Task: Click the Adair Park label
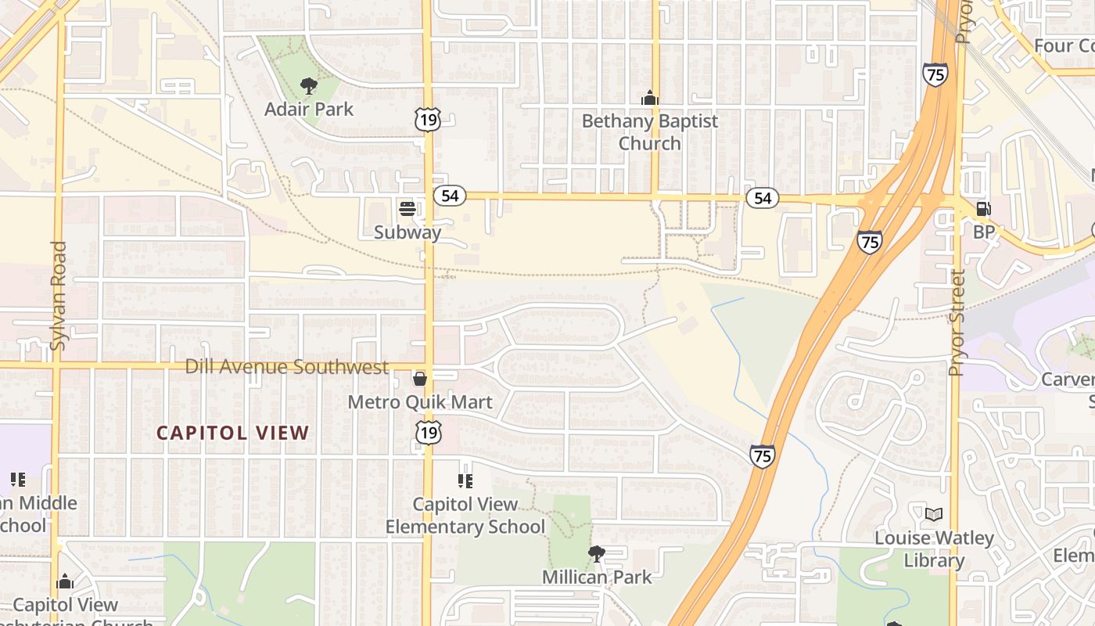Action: point(309,109)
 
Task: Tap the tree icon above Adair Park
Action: point(309,85)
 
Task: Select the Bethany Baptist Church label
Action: point(649,132)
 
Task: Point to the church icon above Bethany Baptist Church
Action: point(649,99)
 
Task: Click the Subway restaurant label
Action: point(407,232)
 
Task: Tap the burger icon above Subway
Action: point(407,208)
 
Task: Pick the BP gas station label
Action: point(984,232)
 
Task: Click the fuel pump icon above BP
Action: point(984,208)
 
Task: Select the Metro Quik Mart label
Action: point(420,402)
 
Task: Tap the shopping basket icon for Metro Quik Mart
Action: point(420,380)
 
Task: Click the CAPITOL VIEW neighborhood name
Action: point(233,433)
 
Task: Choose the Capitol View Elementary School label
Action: point(465,516)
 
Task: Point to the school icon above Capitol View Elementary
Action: point(465,480)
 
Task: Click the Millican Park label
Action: point(597,577)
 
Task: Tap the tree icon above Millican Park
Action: point(597,554)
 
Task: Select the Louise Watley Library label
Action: point(934,549)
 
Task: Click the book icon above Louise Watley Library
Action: point(934,514)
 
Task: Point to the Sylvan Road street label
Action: point(59,295)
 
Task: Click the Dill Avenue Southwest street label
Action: point(287,367)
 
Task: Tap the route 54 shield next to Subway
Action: point(450,196)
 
